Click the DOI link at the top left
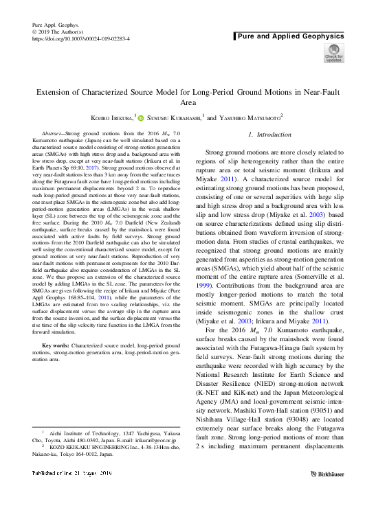pos(81,40)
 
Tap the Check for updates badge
pos(333,53)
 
